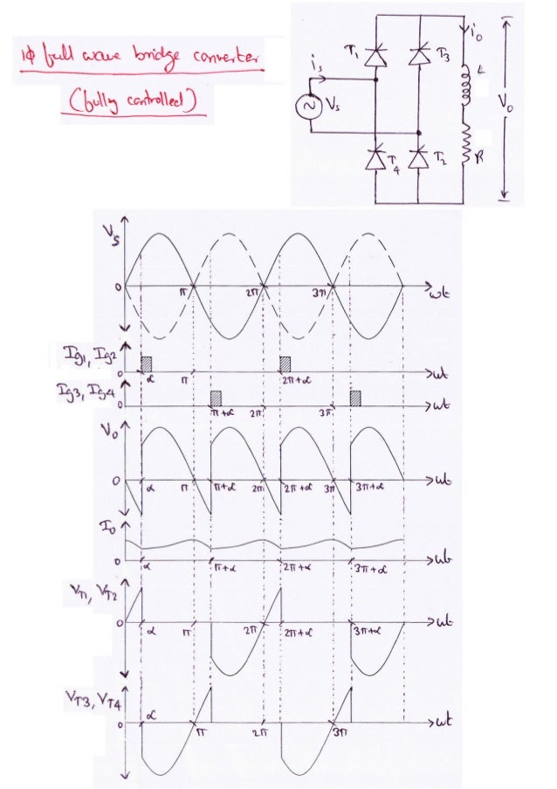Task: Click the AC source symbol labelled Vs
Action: (308, 106)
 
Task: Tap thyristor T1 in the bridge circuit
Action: (375, 56)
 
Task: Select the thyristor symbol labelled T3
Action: (421, 56)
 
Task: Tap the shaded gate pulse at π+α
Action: (217, 398)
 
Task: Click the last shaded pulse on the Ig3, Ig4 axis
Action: (355, 398)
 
